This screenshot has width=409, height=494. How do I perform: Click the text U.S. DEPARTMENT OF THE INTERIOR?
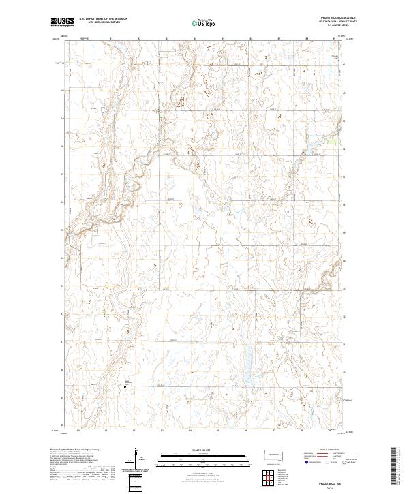click(x=103, y=19)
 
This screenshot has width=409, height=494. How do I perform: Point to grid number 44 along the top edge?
click(x=195, y=39)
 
